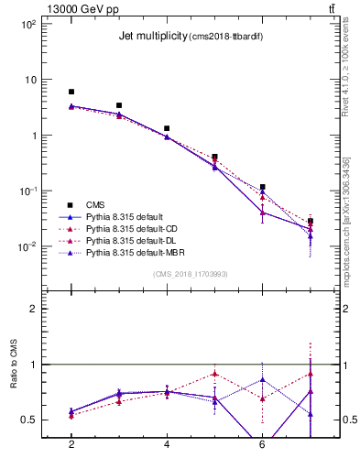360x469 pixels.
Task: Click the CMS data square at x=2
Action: [x=71, y=92]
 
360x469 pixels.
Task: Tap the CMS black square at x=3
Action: [x=119, y=105]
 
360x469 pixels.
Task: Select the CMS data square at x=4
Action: [x=167, y=128]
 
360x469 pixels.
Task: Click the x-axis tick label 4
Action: [x=167, y=445]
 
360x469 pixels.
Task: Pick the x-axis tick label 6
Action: [x=262, y=445]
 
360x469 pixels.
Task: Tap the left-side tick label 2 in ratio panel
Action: [x=33, y=309]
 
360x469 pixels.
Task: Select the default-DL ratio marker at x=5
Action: [x=214, y=373]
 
